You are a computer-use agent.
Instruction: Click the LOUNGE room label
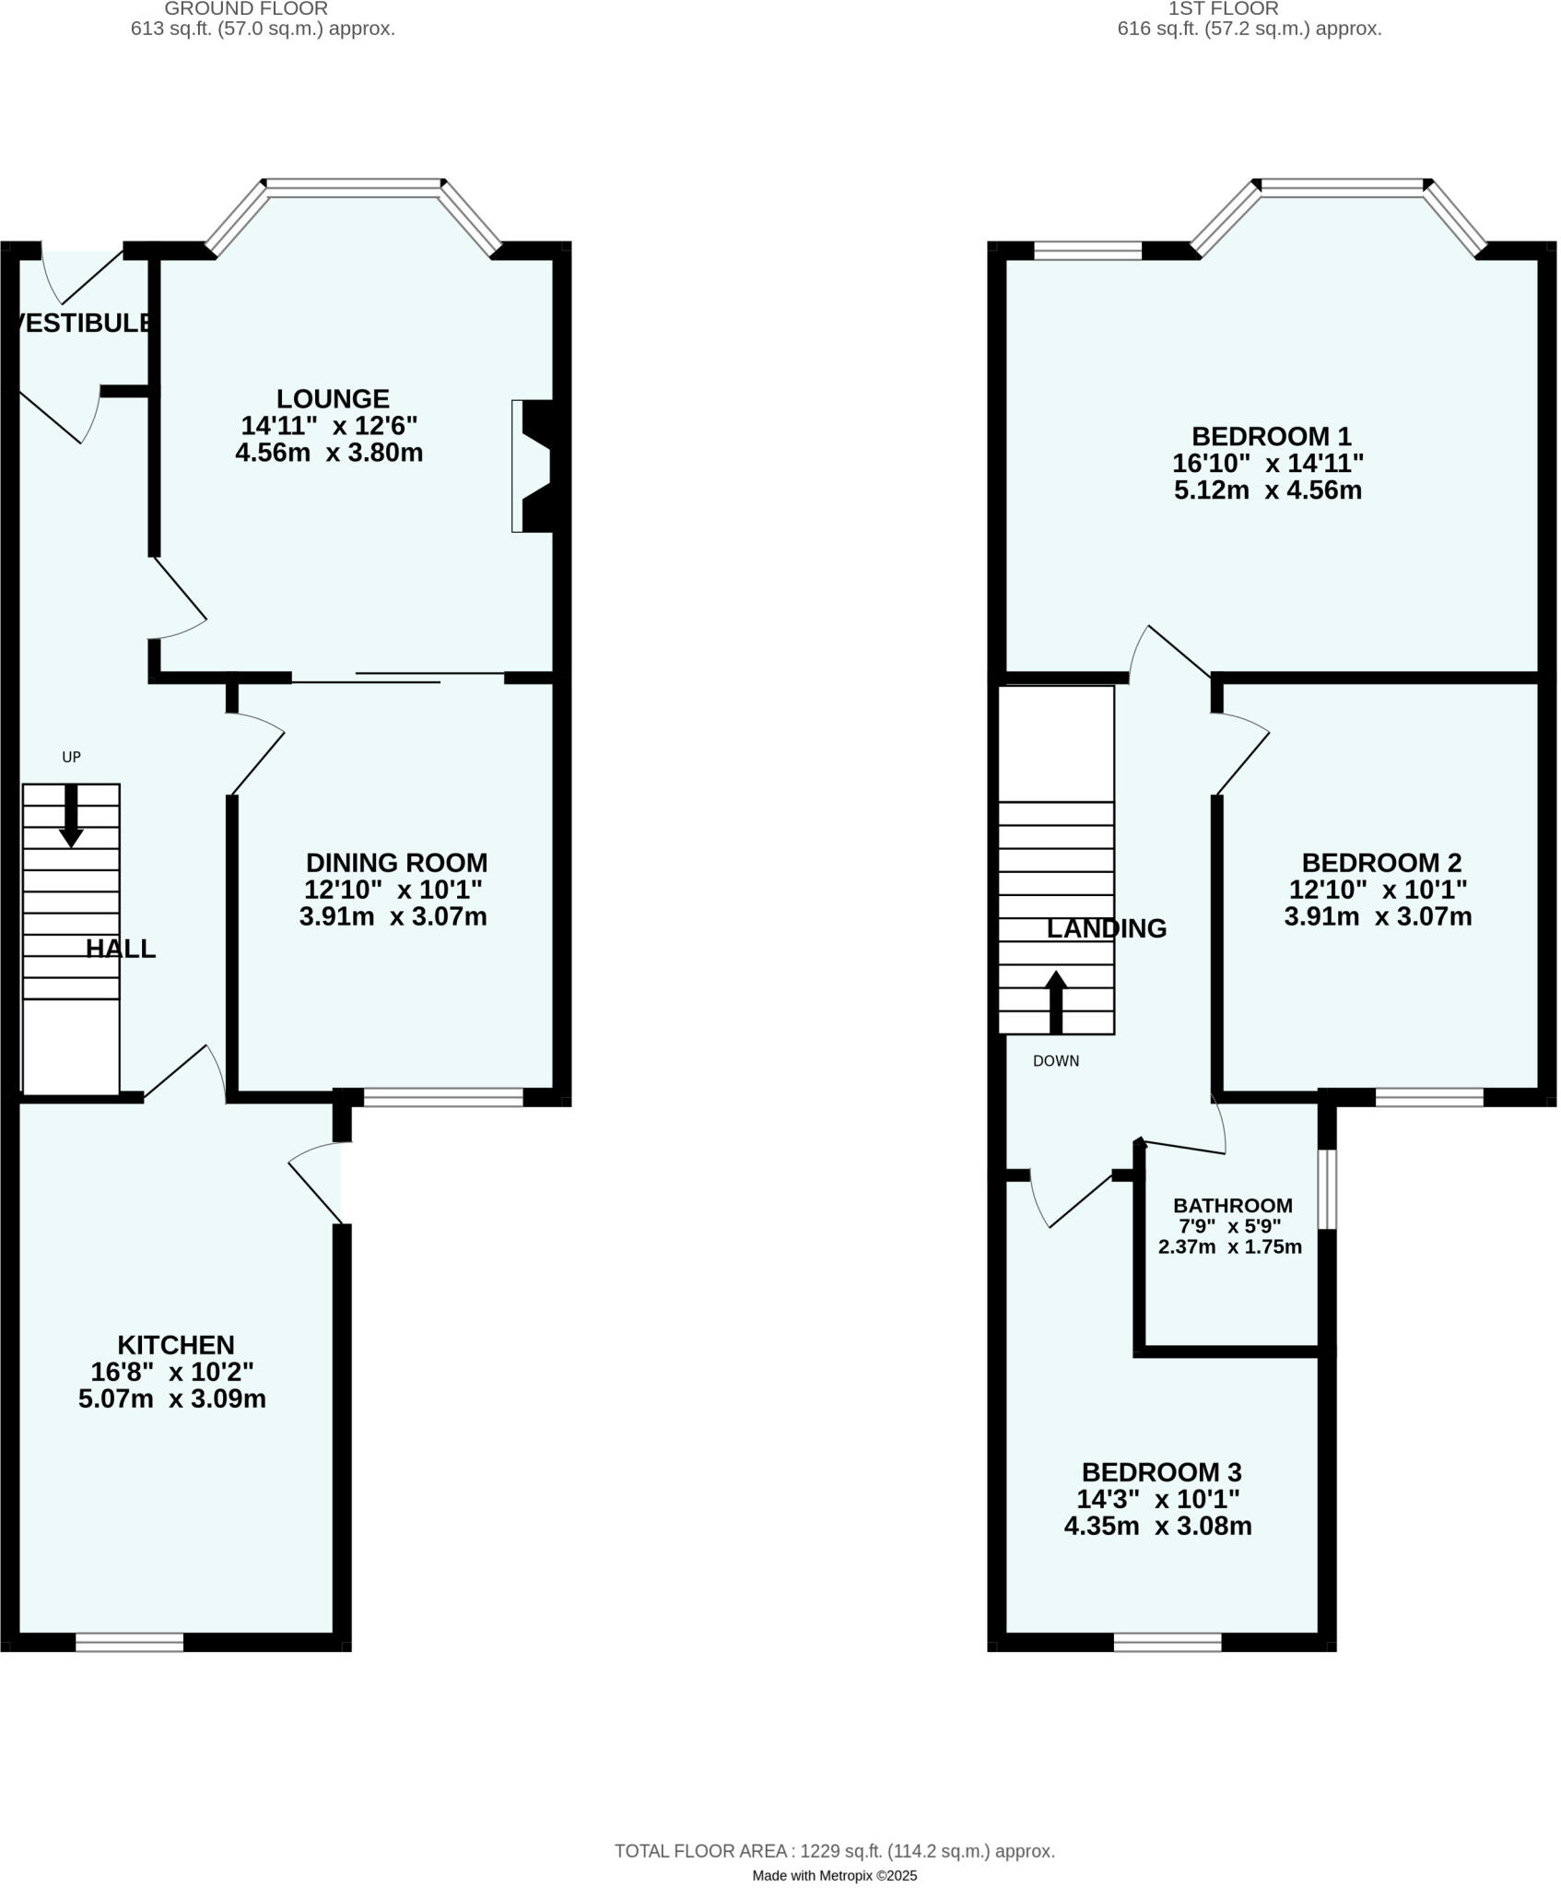pos(333,399)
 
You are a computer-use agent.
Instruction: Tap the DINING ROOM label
pos(396,863)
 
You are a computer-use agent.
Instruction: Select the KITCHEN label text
pos(176,1345)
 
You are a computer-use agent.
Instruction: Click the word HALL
pos(121,949)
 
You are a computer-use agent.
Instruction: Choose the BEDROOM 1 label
pos(1271,435)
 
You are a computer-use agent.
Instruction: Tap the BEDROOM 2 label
pos(1381,863)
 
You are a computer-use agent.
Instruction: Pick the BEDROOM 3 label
pos(1161,1471)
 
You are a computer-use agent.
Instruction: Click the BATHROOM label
pos(1232,1206)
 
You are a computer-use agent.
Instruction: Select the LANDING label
pos(1106,928)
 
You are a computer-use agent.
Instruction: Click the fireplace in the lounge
pos(533,466)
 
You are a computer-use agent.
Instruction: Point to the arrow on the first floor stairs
pos(1056,1000)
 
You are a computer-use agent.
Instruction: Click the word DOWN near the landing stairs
pos(1055,1061)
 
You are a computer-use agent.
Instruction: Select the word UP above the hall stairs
pos(71,757)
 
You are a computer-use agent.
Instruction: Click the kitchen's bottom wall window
pos(129,1642)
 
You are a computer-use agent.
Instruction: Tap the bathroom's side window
pos(1326,1188)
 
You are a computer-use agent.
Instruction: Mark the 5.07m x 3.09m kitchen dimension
pos(172,1398)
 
